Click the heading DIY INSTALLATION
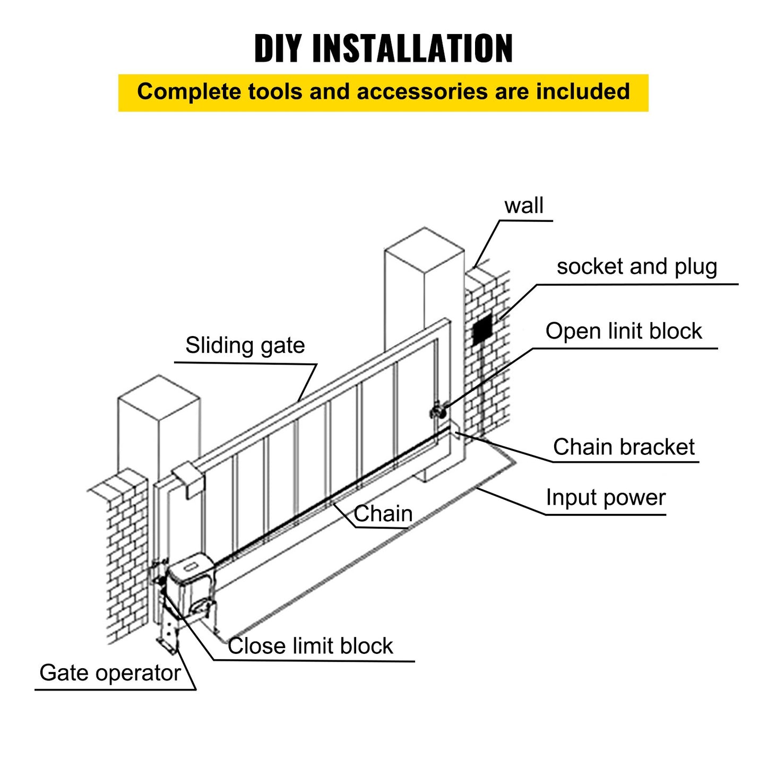click(x=383, y=48)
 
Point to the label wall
click(x=524, y=205)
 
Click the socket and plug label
click(x=636, y=266)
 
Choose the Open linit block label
click(x=623, y=331)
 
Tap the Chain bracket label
click(x=623, y=447)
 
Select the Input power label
click(x=605, y=498)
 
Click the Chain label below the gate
click(x=383, y=514)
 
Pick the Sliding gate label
click(x=245, y=346)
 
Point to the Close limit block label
click(x=310, y=646)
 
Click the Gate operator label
click(x=110, y=673)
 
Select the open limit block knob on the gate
click(x=437, y=411)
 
